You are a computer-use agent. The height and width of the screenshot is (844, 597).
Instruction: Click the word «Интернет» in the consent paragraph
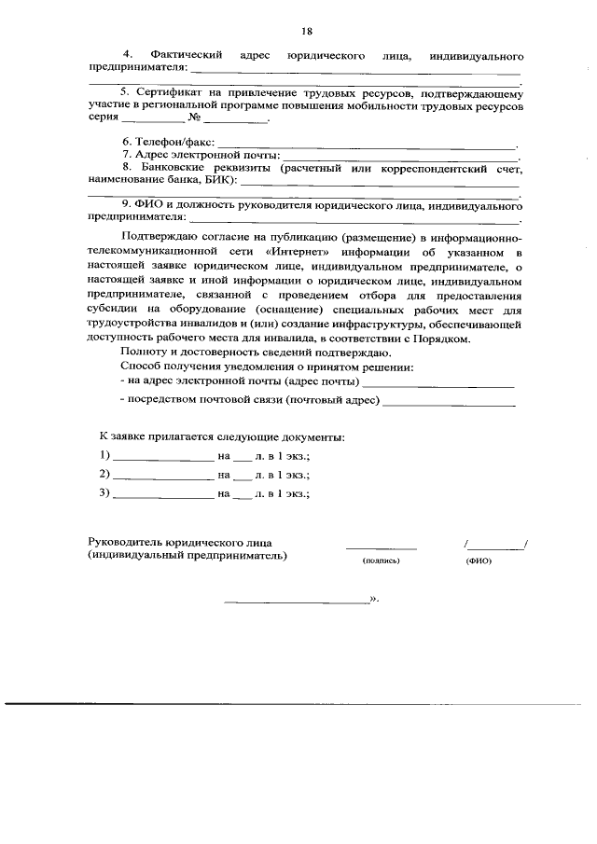coord(293,252)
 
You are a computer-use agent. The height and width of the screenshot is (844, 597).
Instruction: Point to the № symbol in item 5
coord(195,119)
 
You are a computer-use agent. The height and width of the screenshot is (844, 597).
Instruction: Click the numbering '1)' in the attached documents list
coord(104,455)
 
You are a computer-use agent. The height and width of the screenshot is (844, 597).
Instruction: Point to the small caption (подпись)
coord(381,561)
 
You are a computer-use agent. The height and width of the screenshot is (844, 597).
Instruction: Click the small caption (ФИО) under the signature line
coord(478,561)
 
